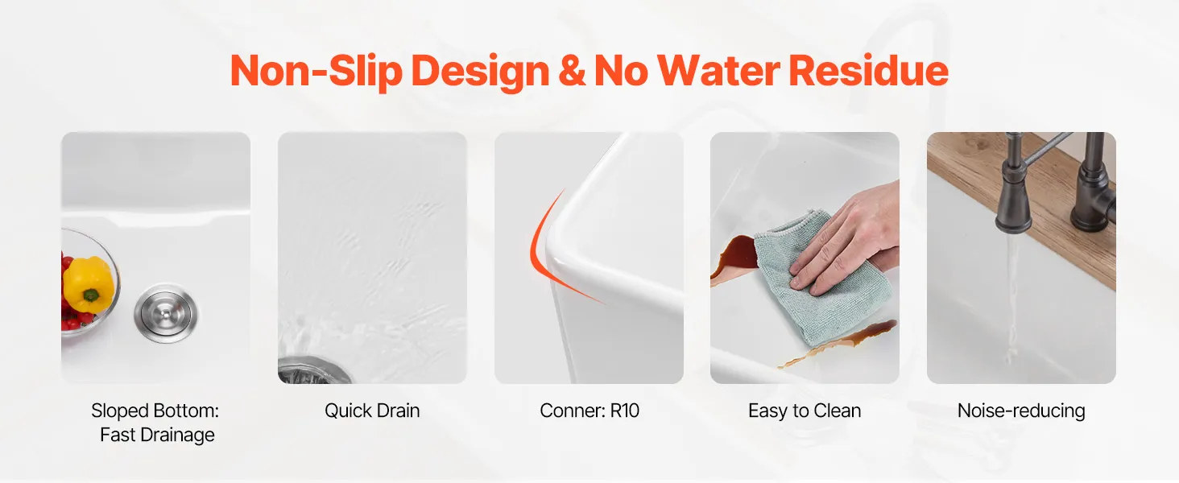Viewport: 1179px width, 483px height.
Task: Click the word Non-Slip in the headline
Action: pyautogui.click(x=316, y=71)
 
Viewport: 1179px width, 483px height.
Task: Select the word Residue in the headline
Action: pyautogui.click(x=868, y=71)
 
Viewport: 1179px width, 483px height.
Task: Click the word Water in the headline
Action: pyautogui.click(x=718, y=71)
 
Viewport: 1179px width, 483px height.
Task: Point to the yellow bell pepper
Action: pyautogui.click(x=89, y=284)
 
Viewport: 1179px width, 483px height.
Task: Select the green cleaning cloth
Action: pyautogui.click(x=821, y=279)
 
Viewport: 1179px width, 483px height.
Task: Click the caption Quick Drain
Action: pyautogui.click(x=372, y=411)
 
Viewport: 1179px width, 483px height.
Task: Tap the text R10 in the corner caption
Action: pyautogui.click(x=625, y=411)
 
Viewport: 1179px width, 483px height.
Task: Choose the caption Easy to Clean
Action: pyautogui.click(x=805, y=411)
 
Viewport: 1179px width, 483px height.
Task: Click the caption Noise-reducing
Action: pyautogui.click(x=1021, y=411)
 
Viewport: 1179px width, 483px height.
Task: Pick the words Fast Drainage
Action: pyautogui.click(x=157, y=436)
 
